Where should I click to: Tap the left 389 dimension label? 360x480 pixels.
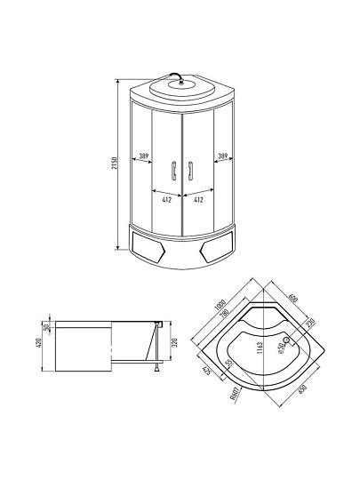[143, 157]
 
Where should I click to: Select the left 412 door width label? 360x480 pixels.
[166, 199]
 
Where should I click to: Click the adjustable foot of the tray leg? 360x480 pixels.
[156, 366]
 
